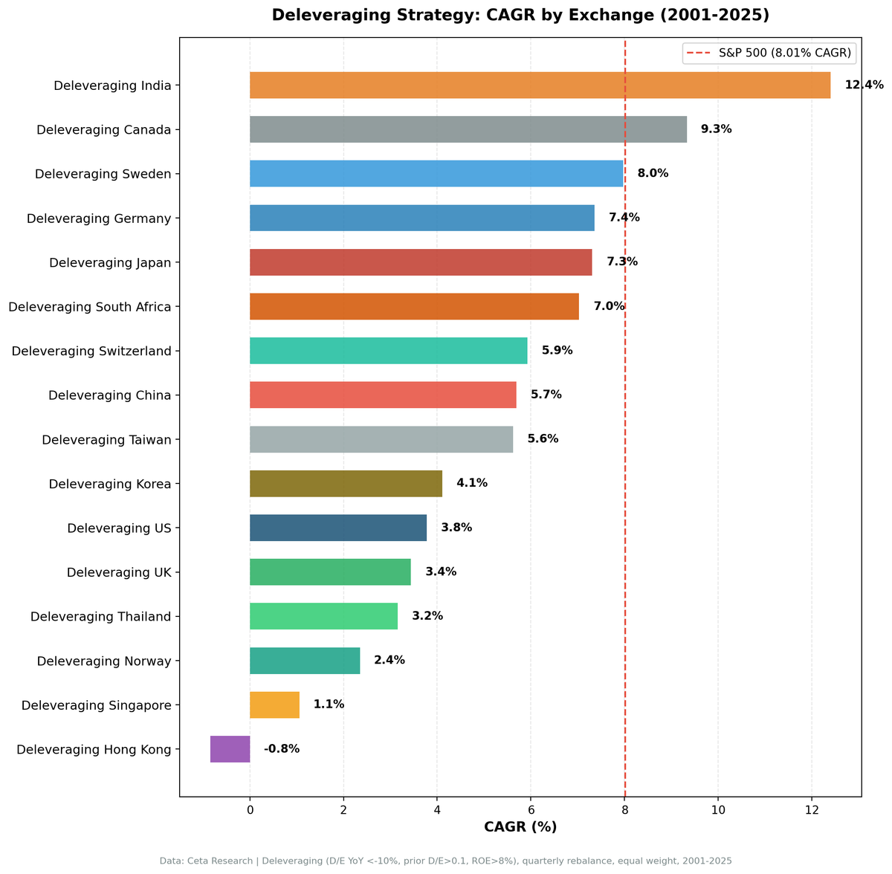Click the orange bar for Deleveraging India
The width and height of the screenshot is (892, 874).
pos(540,85)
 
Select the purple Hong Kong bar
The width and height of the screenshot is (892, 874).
pos(230,749)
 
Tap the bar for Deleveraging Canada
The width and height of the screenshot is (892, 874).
pos(468,129)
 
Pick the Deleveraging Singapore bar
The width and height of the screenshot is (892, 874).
pos(274,705)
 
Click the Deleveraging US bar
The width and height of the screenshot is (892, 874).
pos(338,528)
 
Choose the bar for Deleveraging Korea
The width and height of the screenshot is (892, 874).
pos(346,484)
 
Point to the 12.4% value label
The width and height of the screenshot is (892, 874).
pos(864,85)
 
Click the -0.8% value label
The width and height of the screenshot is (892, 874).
pos(282,749)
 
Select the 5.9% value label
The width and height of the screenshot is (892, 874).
pos(557,351)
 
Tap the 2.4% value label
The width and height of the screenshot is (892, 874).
pos(390,661)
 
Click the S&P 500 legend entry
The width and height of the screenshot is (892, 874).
pos(769,53)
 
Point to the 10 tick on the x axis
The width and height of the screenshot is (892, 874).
pos(718,809)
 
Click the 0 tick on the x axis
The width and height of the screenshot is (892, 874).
pos(250,809)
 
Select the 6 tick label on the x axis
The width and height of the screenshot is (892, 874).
pos(531,809)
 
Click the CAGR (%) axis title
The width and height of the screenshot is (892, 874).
pos(520,827)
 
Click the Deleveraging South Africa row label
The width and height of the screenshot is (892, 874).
pos(90,307)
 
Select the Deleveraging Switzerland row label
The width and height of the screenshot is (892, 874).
pos(91,351)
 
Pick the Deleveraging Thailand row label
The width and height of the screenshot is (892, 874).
pos(101,617)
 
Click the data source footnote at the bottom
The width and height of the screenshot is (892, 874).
pos(446,861)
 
